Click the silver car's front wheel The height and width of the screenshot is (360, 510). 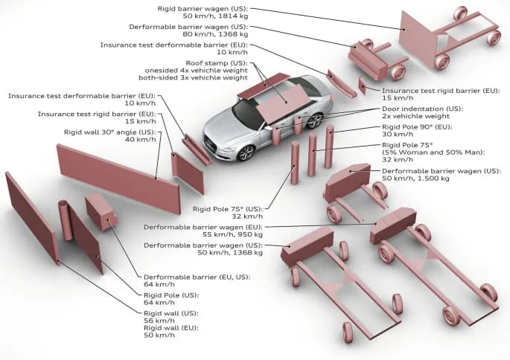click(x=245, y=152)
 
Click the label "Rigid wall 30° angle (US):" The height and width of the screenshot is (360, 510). click(x=110, y=132)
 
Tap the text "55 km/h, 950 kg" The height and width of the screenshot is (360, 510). click(x=227, y=234)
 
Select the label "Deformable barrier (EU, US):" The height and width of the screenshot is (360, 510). click(x=197, y=276)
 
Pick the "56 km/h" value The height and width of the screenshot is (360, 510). click(x=159, y=321)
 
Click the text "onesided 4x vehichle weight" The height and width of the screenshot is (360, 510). click(x=196, y=70)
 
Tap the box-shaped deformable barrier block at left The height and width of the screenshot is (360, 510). click(x=100, y=211)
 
